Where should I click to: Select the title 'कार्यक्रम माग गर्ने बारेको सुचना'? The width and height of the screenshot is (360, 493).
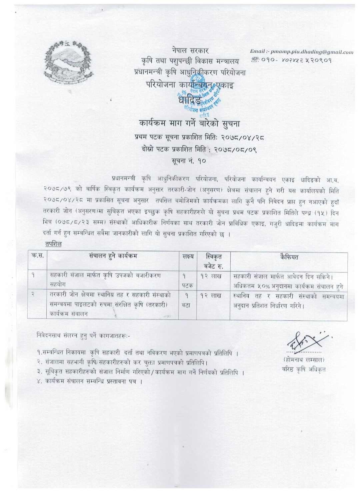tap(189, 123)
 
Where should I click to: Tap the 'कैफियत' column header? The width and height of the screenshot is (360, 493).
tap(289, 257)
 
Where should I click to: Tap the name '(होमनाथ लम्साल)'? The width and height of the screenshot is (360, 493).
tap(303, 359)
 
